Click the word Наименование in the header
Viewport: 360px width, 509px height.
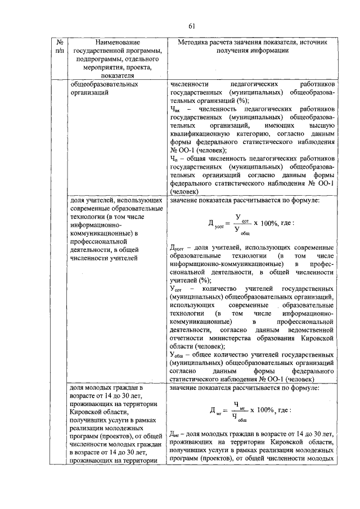point(117,43)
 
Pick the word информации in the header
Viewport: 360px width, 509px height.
point(269,51)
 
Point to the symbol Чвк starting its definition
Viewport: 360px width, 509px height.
point(175,110)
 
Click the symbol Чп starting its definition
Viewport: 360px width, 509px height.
point(174,159)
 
